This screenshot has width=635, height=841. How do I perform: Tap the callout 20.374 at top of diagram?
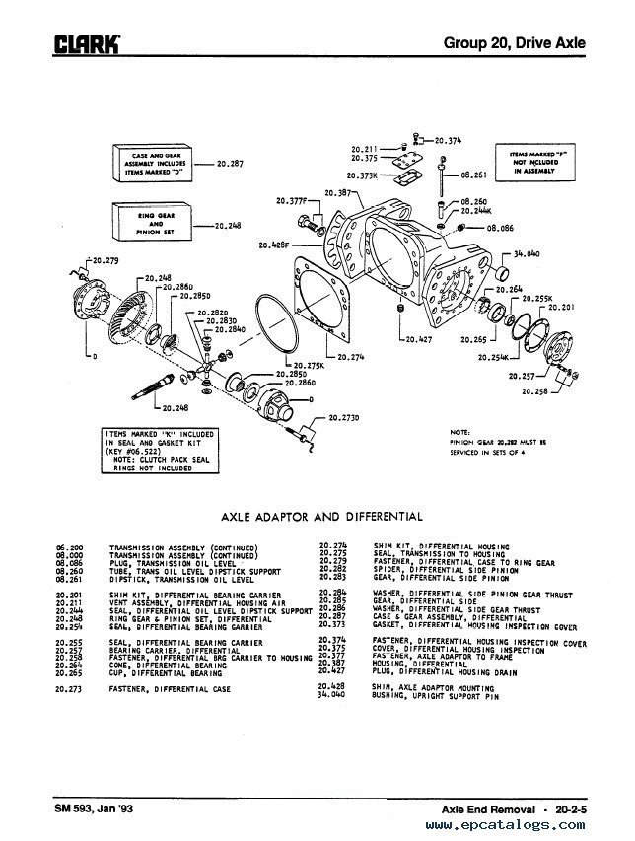(448, 141)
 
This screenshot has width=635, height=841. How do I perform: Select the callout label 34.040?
(528, 253)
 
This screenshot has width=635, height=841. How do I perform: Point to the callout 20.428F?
(274, 243)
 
